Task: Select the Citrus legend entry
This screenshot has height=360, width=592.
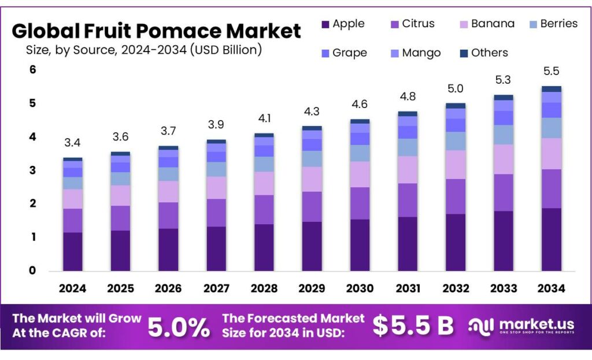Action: click(413, 24)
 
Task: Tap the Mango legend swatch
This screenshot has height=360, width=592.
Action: click(395, 53)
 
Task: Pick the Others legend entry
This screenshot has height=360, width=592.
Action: click(483, 53)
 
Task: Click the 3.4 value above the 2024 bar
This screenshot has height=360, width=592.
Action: click(72, 142)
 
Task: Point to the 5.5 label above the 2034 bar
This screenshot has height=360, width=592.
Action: click(550, 72)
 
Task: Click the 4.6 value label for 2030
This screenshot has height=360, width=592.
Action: click(360, 105)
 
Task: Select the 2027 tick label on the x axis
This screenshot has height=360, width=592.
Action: click(216, 288)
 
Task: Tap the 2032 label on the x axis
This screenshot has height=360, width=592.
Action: click(455, 288)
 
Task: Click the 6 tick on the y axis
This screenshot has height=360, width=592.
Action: click(33, 70)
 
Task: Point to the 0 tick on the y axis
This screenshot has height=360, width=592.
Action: click(33, 270)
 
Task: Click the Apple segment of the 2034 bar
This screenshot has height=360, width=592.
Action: click(550, 239)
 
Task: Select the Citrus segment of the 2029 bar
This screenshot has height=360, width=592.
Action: click(312, 206)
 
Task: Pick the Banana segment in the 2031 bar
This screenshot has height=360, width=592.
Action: click(407, 170)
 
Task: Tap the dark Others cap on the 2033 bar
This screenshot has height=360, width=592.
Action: click(503, 98)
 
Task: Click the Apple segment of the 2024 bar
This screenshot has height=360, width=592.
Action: click(72, 251)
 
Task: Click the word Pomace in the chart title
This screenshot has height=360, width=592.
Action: click(177, 31)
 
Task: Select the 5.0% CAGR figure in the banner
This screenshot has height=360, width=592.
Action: click(179, 327)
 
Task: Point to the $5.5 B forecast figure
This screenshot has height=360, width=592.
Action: click(413, 326)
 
